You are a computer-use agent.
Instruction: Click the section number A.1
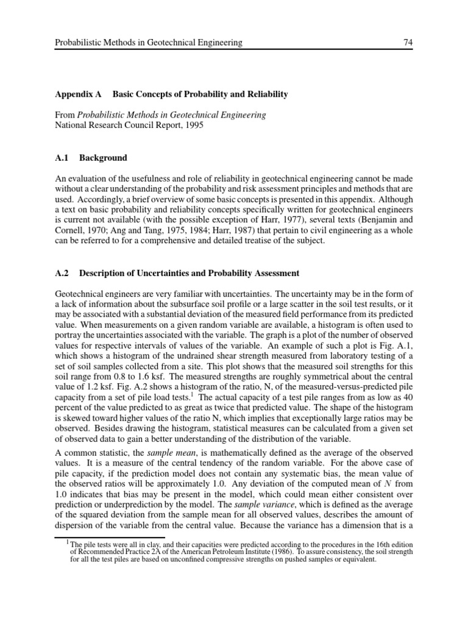63,158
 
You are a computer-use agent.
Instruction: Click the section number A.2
63,272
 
